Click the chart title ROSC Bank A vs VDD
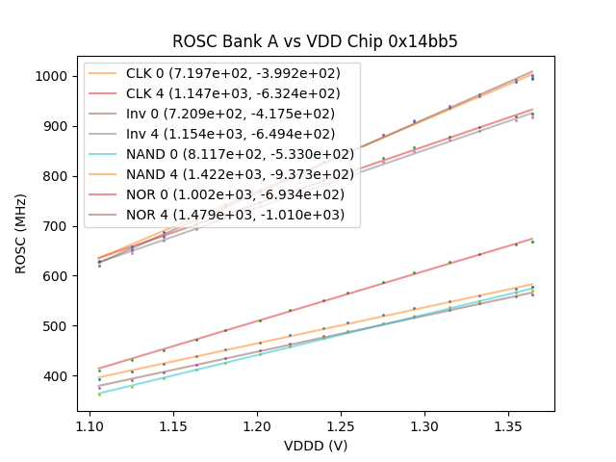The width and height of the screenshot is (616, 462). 315,41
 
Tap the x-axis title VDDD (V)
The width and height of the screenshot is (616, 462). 315,446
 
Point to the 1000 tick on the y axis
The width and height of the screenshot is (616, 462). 54,76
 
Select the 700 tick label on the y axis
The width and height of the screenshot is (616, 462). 57,226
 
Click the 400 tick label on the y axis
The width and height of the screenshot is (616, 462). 57,376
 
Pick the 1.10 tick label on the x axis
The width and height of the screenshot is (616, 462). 90,424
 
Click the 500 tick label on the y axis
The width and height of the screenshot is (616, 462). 57,326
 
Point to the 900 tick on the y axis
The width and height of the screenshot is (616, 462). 57,126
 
